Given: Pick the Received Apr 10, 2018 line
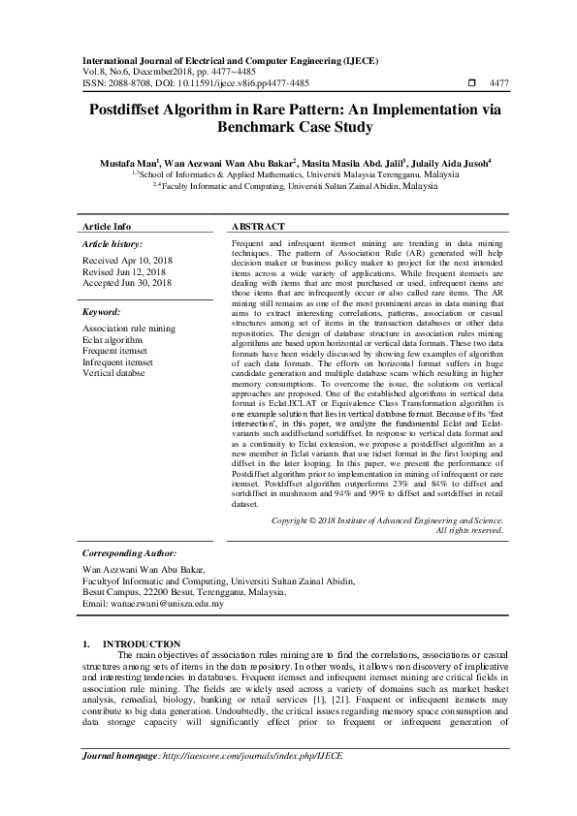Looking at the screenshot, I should coord(128,262).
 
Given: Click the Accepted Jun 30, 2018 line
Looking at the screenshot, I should coord(128,283).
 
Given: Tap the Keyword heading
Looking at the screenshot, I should coord(102,313).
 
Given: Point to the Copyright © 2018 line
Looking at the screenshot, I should coord(388,520).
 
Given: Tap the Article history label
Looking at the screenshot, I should coord(113,244).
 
